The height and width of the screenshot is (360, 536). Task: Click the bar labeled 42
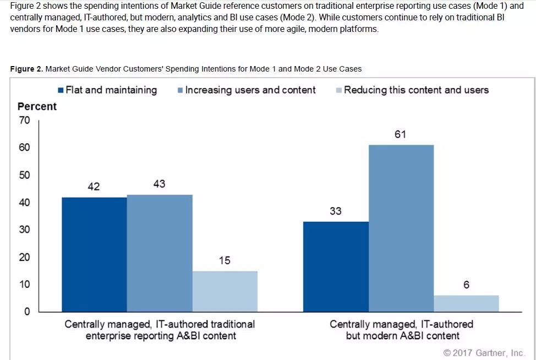click(94, 254)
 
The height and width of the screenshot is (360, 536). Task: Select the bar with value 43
click(160, 253)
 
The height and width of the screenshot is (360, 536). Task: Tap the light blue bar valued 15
click(225, 291)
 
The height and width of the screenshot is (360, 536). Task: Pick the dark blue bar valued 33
click(336, 266)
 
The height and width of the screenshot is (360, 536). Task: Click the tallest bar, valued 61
click(401, 228)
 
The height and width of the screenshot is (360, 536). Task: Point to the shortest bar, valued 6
click(466, 303)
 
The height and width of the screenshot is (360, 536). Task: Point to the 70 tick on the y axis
click(24, 120)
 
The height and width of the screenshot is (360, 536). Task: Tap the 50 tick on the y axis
click(24, 175)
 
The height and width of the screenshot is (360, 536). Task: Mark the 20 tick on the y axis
click(24, 257)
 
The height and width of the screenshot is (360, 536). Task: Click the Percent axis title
click(37, 106)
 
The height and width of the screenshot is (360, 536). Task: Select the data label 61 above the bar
click(401, 134)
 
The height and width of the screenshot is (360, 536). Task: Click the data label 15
click(225, 260)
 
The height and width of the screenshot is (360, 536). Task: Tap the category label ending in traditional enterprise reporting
click(160, 330)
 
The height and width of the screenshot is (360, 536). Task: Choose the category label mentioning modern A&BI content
click(402, 330)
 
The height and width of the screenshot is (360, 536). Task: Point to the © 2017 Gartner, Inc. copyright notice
click(484, 352)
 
